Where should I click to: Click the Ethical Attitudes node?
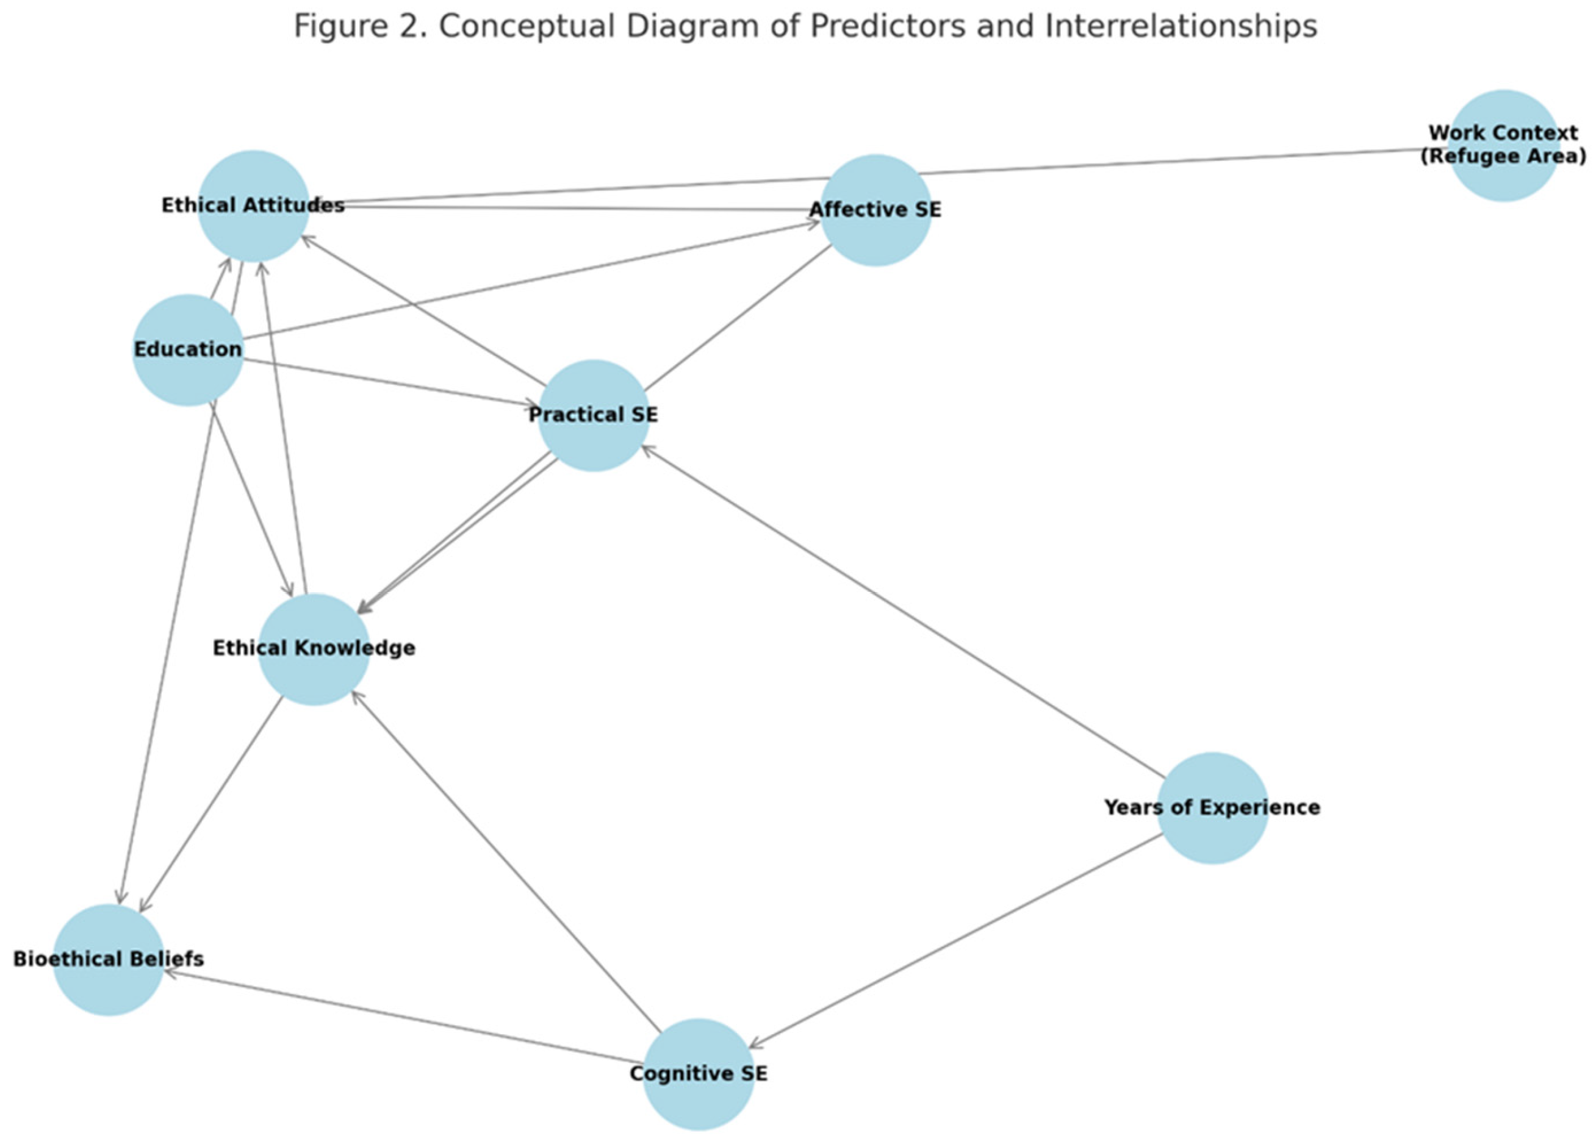click(x=253, y=206)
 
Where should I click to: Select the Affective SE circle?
click(x=875, y=210)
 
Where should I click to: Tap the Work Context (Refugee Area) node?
click(x=1503, y=145)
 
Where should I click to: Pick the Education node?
click(x=188, y=349)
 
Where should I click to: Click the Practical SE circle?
click(x=593, y=415)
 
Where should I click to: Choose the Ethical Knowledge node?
click(x=314, y=649)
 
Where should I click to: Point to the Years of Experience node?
click(x=1212, y=808)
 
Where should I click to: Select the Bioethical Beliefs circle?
click(x=109, y=959)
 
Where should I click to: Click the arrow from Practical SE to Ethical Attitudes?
click(x=422, y=310)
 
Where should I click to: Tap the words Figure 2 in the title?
click(x=359, y=27)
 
